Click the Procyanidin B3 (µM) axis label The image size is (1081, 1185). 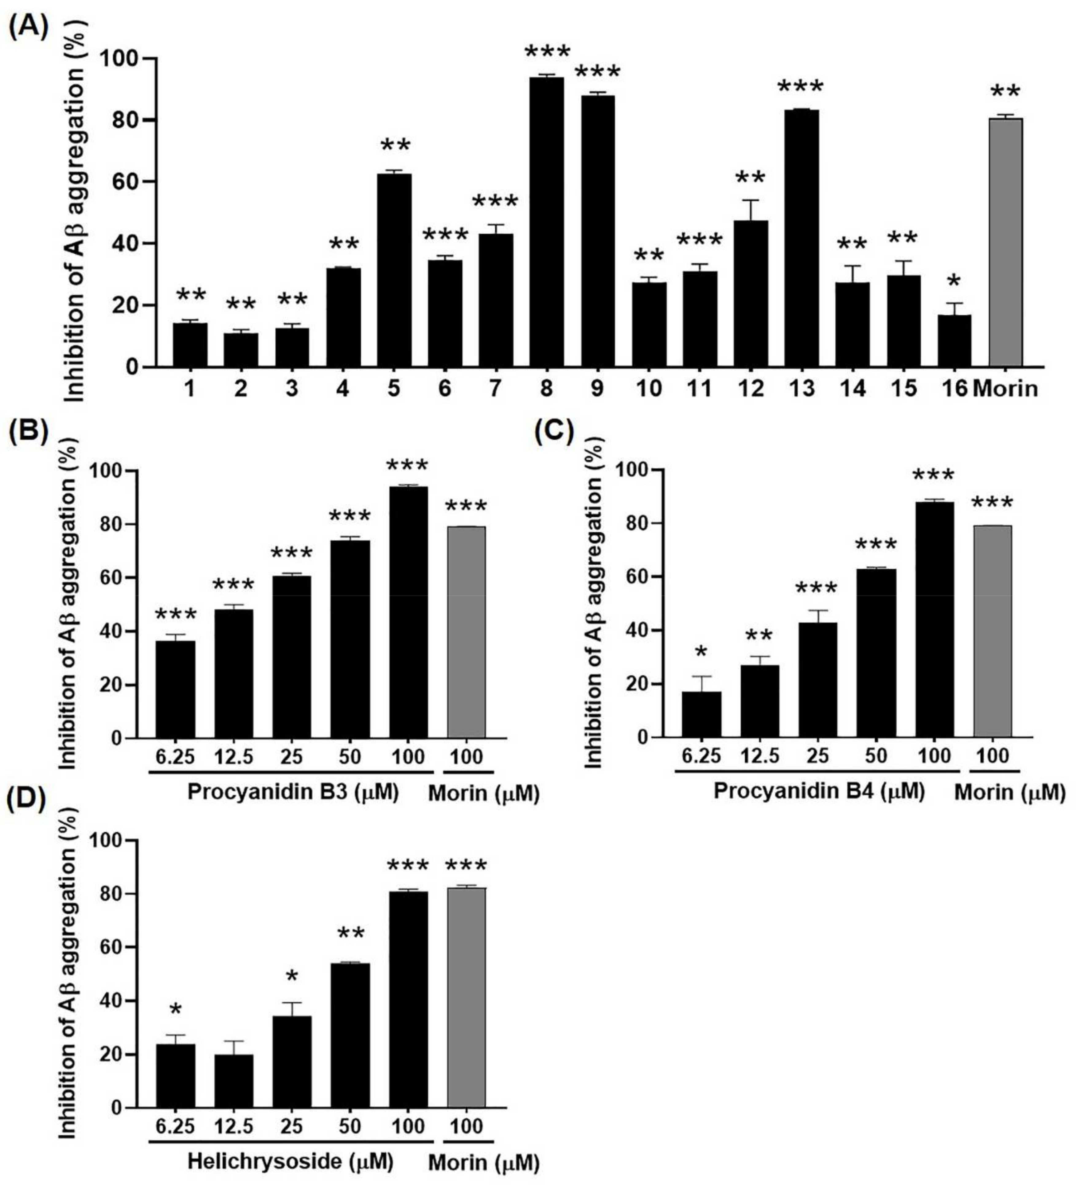tap(292, 792)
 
